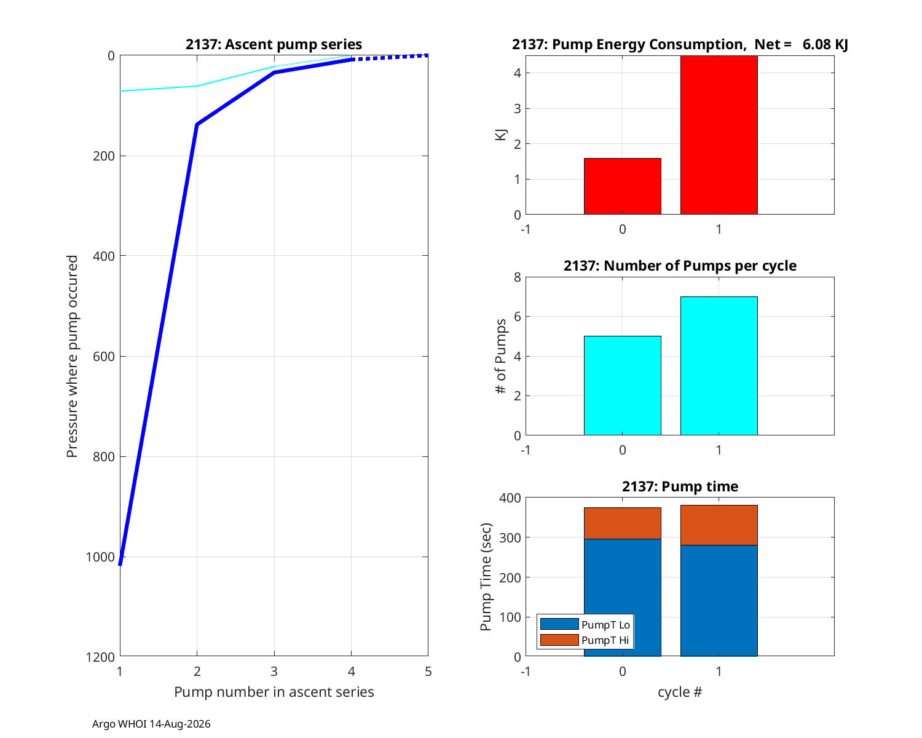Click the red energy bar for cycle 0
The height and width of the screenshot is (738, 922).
[x=622, y=186]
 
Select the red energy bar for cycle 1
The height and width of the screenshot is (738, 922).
[x=719, y=135]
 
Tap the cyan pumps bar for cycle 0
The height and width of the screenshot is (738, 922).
[x=622, y=386]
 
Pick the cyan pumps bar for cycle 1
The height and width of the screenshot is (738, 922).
[x=719, y=366]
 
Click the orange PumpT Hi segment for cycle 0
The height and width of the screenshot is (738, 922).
[x=622, y=523]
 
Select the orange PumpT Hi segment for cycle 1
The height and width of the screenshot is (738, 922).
[x=719, y=525]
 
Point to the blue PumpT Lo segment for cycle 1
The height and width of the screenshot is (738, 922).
[x=719, y=601]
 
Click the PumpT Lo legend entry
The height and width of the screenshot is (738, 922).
[x=585, y=624]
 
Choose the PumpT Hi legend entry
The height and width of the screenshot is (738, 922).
[x=585, y=640]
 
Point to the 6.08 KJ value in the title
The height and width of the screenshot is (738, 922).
[x=825, y=44]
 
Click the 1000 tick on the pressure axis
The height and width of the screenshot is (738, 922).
[x=100, y=557]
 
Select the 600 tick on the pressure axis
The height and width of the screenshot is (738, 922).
[x=104, y=356]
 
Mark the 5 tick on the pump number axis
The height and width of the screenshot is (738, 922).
[x=428, y=671]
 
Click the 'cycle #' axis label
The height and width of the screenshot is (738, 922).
[x=680, y=692]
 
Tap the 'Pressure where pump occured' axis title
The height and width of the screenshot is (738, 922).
[x=72, y=356]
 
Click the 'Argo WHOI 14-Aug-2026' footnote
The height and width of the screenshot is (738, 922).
[x=151, y=724]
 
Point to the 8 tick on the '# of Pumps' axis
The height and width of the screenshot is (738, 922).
[x=517, y=277]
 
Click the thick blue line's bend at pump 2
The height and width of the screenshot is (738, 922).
[x=197, y=124]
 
